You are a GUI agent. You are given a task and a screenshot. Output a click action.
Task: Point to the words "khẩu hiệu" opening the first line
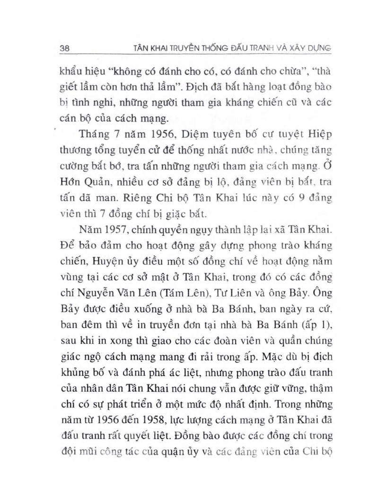[79, 74]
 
